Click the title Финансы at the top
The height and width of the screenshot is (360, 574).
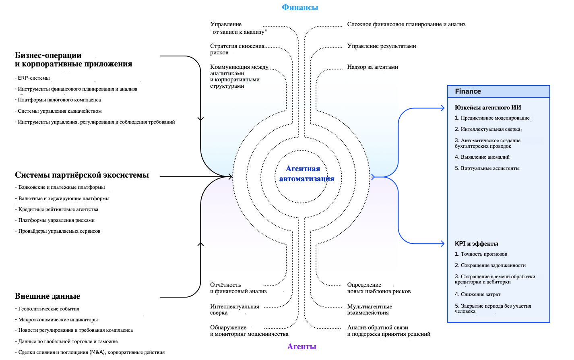pyautogui.click(x=300, y=7)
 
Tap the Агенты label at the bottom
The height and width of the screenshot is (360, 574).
pyautogui.click(x=301, y=346)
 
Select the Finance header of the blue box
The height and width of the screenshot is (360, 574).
pyautogui.click(x=468, y=91)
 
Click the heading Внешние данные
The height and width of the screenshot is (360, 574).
pyautogui.click(x=47, y=296)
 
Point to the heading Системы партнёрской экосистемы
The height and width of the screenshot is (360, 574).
pyautogui.click(x=82, y=175)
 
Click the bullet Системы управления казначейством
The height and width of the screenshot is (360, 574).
pyautogui.click(x=60, y=111)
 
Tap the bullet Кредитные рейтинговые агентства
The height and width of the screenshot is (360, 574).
pyautogui.click(x=58, y=209)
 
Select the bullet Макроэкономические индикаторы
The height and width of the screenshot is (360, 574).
pyautogui.click(x=58, y=320)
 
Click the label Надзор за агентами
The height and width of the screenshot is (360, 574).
pyautogui.click(x=372, y=67)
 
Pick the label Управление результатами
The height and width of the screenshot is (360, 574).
pyautogui.click(x=382, y=46)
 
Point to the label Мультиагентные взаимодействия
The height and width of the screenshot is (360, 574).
pyautogui.click(x=370, y=310)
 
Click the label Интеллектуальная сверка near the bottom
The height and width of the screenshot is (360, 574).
pyautogui.click(x=234, y=310)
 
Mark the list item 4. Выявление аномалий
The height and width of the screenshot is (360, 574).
pyautogui.click(x=482, y=157)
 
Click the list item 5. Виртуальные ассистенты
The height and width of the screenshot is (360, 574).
pyautogui.click(x=487, y=168)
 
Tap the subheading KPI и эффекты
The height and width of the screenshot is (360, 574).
pyautogui.click(x=477, y=244)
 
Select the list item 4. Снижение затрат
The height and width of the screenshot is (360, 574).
pyautogui.click(x=478, y=294)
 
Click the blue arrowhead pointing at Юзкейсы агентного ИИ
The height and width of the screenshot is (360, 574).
pyautogui.click(x=442, y=108)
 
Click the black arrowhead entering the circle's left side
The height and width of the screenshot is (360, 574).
pyautogui.click(x=230, y=176)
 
